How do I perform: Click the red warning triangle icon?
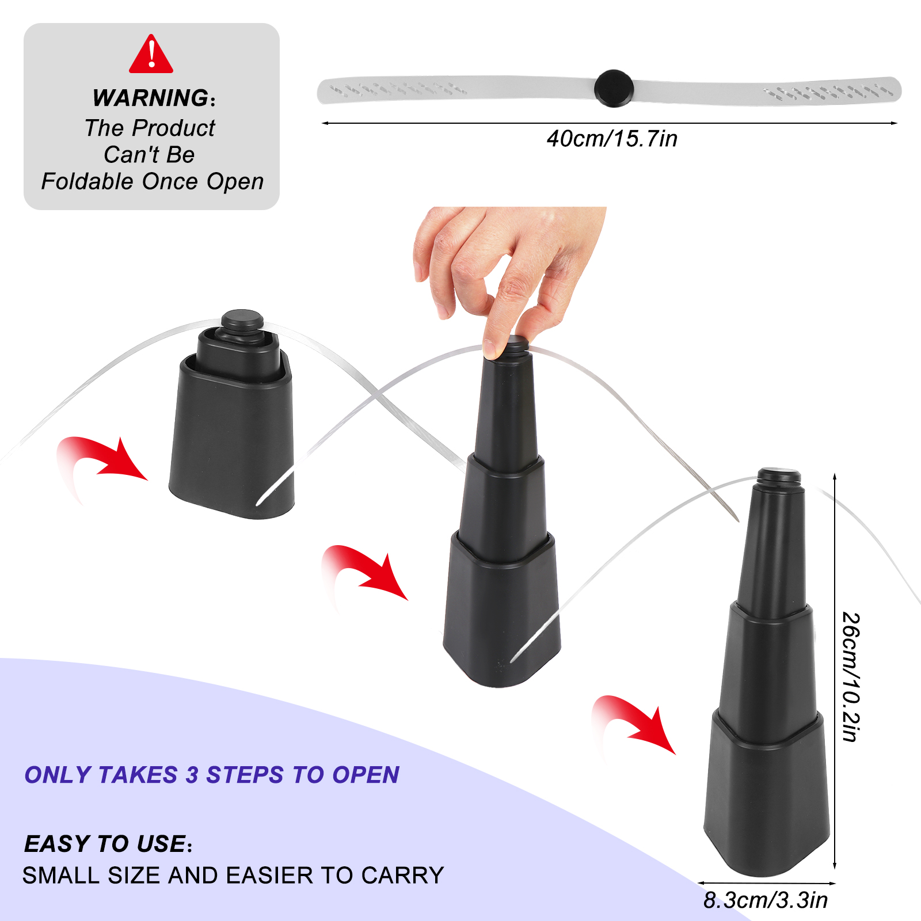click(151, 55)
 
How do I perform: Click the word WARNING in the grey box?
click(150, 98)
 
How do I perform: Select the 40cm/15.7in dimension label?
click(612, 139)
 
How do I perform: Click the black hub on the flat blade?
click(614, 88)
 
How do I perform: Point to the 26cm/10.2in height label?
click(851, 677)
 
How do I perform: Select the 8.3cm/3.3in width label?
click(766, 900)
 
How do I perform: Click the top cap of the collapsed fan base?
click(242, 321)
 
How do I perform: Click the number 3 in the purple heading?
click(192, 775)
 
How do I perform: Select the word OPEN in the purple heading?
click(366, 775)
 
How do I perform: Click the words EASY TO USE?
click(105, 844)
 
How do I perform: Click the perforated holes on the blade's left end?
click(398, 89)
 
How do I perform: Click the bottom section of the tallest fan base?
click(766, 800)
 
